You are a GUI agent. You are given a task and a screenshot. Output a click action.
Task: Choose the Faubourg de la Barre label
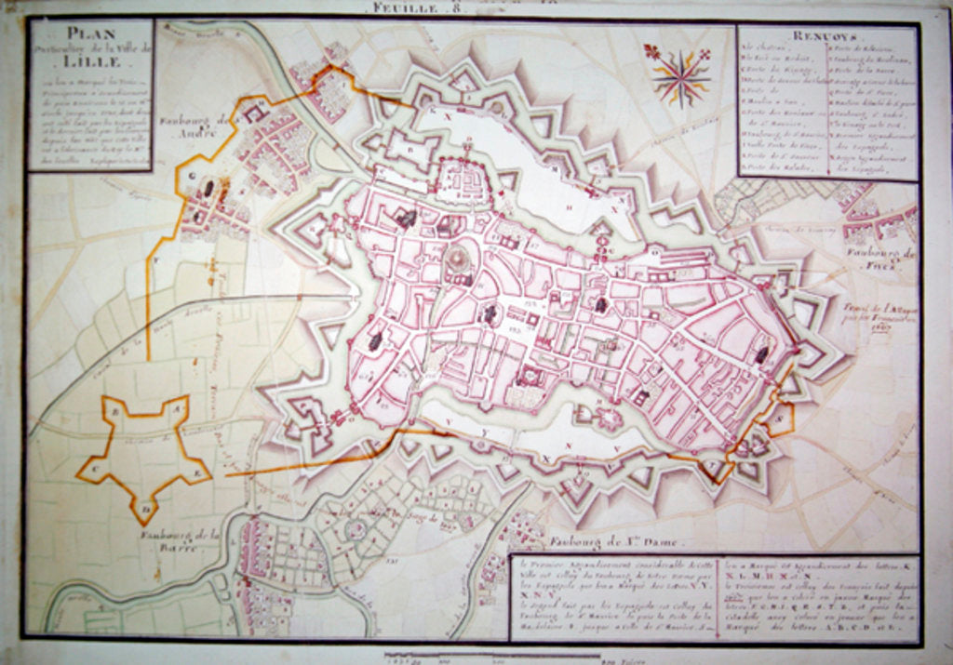click(180, 538)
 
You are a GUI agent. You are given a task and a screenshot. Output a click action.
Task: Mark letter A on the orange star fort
click(175, 406)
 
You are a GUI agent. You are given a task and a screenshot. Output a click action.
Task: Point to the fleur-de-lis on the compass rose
click(650, 49)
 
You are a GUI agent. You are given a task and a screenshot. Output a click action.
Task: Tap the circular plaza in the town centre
click(458, 259)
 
